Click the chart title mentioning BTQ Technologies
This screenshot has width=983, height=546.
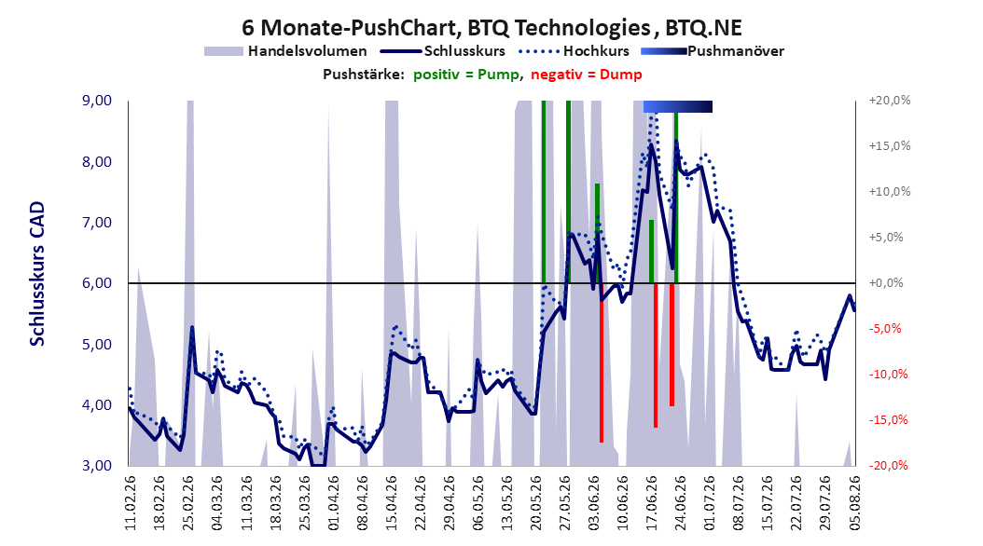pos(491,28)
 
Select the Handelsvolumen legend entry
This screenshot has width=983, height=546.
pos(285,51)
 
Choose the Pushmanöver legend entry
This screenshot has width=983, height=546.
pos(713,51)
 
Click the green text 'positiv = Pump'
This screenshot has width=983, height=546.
pos(465,75)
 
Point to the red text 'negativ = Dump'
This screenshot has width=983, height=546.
pos(587,75)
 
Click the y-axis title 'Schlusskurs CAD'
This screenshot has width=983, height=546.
pos(37,274)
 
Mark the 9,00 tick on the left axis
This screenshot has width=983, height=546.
pos(97,101)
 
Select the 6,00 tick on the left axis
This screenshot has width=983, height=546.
pos(97,283)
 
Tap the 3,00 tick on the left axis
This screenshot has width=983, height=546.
pos(97,466)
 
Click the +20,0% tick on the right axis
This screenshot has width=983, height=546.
pos(890,101)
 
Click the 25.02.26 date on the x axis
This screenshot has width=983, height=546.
pos(188,503)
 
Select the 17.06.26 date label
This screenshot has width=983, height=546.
pos(652,503)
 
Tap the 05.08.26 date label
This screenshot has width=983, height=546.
pos(855,503)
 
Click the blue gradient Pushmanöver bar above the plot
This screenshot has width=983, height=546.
pos(678,106)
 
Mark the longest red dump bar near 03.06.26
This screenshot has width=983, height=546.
pos(602,363)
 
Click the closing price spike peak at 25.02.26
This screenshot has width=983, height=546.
pos(192,327)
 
